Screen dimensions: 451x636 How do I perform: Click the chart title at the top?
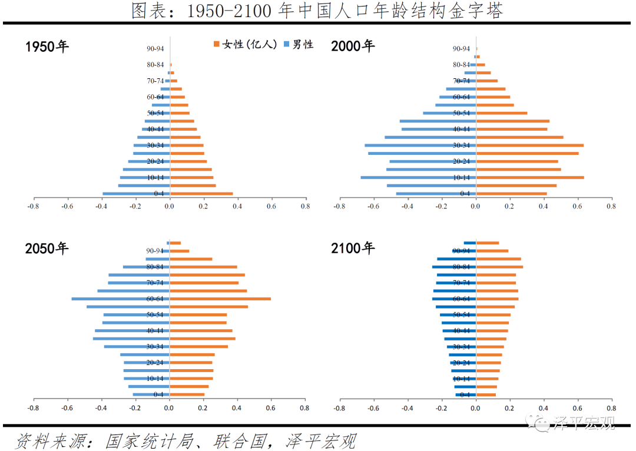tap(317, 11)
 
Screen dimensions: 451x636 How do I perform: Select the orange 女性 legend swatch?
tap(217, 45)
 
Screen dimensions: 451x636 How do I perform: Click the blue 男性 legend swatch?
tap(287, 45)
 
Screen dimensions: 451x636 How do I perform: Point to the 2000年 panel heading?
tap(353, 46)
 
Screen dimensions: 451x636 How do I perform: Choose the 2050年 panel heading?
tap(47, 248)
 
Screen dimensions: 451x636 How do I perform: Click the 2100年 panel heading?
tap(353, 248)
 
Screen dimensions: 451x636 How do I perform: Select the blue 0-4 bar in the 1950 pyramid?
tap(136, 194)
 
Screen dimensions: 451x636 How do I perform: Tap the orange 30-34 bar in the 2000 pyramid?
tap(530, 145)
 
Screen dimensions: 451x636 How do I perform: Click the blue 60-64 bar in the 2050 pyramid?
tap(121, 299)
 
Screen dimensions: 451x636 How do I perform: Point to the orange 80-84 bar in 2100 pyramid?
tap(499, 267)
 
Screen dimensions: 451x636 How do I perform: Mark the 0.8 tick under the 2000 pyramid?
tap(611, 207)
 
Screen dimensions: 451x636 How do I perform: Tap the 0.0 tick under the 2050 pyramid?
tap(170, 407)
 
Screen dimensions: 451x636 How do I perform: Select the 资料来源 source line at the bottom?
tap(185, 440)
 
